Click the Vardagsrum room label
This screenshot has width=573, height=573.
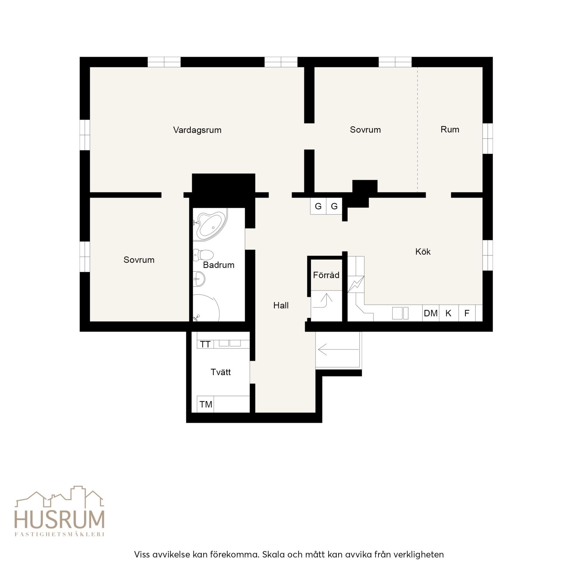[197, 130]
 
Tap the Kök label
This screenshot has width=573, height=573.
[423, 252]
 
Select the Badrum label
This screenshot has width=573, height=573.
[218, 265]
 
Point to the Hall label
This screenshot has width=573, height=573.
[281, 305]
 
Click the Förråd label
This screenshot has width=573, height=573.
[326, 275]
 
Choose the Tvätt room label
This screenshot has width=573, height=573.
[221, 372]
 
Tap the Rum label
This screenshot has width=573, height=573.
[450, 129]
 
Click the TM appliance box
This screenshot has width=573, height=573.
[206, 404]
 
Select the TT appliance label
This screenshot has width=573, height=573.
[205, 344]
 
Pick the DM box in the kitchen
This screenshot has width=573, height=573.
[431, 313]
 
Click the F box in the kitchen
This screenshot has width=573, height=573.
[467, 313]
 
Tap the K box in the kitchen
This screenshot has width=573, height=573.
[449, 313]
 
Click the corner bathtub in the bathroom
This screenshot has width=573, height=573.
[210, 224]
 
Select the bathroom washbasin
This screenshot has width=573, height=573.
[199, 279]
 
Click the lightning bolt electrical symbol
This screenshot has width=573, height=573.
[356, 284]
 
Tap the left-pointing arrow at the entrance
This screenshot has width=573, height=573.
[338, 349]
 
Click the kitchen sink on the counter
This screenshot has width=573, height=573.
[400, 313]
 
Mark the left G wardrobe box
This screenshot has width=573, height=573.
[318, 206]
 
